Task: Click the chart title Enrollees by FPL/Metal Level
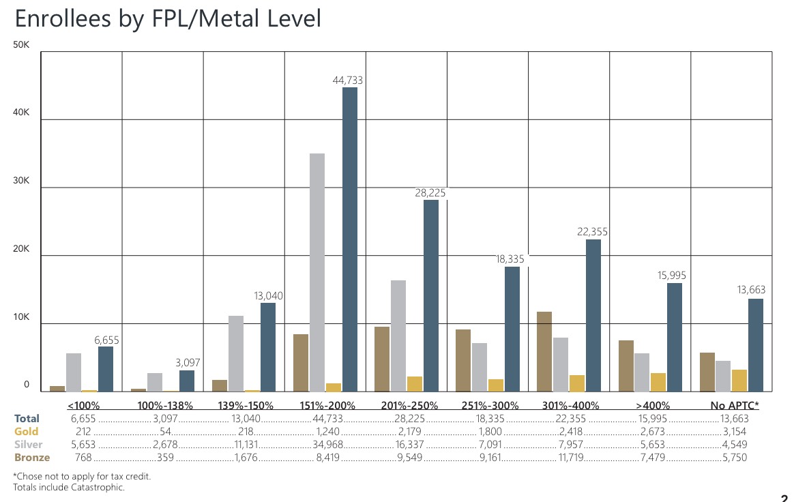[168, 18]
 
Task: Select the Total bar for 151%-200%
[349, 239]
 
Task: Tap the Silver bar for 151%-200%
[317, 272]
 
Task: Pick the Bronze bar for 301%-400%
[544, 351]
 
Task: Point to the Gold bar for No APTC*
[739, 381]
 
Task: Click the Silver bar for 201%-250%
[398, 336]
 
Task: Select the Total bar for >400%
[675, 337]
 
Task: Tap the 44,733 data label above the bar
[347, 80]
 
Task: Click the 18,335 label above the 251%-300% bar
[510, 259]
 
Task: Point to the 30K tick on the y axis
[23, 181]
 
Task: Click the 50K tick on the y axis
[23, 45]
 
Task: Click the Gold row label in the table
[27, 431]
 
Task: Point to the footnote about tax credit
[83, 476]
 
